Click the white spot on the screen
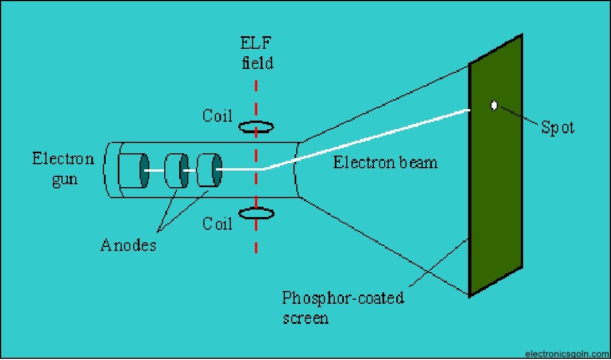pyautogui.click(x=494, y=106)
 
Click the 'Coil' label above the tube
pyautogui.click(x=217, y=115)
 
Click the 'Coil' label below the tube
pyautogui.click(x=217, y=223)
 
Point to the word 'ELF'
pyautogui.click(x=256, y=43)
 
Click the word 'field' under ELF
pyautogui.click(x=256, y=62)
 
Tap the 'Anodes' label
pyautogui.click(x=128, y=246)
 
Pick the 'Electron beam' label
pyautogui.click(x=385, y=162)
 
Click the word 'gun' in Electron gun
pyautogui.click(x=63, y=179)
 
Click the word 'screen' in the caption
pyautogui.click(x=305, y=318)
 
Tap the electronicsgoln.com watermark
pyautogui.click(x=566, y=354)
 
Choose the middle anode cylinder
pyautogui.click(x=176, y=170)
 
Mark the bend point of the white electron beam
pyautogui.click(x=264, y=169)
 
